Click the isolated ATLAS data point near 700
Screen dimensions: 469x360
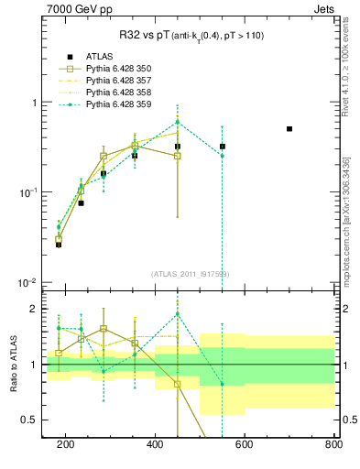point(289,129)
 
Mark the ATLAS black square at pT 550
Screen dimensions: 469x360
point(223,147)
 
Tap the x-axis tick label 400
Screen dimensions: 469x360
point(155,444)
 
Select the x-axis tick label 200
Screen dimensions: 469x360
point(66,444)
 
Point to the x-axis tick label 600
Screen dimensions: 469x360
point(244,444)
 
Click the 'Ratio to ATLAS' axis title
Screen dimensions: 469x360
point(12,365)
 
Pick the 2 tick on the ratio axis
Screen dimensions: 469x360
point(35,309)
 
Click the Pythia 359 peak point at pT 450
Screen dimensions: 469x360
point(178,122)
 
